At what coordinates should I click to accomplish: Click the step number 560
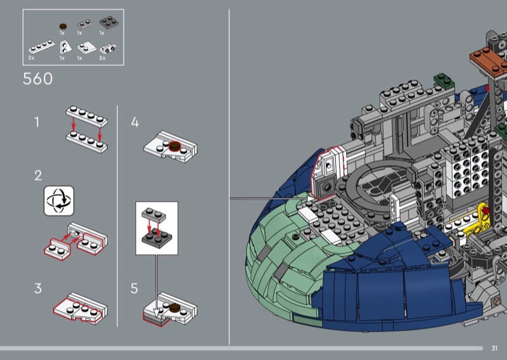pyautogui.click(x=38, y=79)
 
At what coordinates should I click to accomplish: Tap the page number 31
pyautogui.click(x=494, y=348)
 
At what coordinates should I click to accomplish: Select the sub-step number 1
pyautogui.click(x=37, y=122)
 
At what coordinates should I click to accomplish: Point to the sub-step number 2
pyautogui.click(x=38, y=176)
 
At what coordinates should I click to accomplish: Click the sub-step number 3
pyautogui.click(x=38, y=288)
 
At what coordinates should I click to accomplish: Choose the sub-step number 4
pyautogui.click(x=135, y=122)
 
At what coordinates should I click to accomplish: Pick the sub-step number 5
pyautogui.click(x=134, y=288)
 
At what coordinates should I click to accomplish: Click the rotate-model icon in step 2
pyautogui.click(x=59, y=200)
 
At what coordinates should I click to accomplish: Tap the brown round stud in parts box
pyautogui.click(x=63, y=27)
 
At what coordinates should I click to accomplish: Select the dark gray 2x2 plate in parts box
pyautogui.click(x=108, y=22)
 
